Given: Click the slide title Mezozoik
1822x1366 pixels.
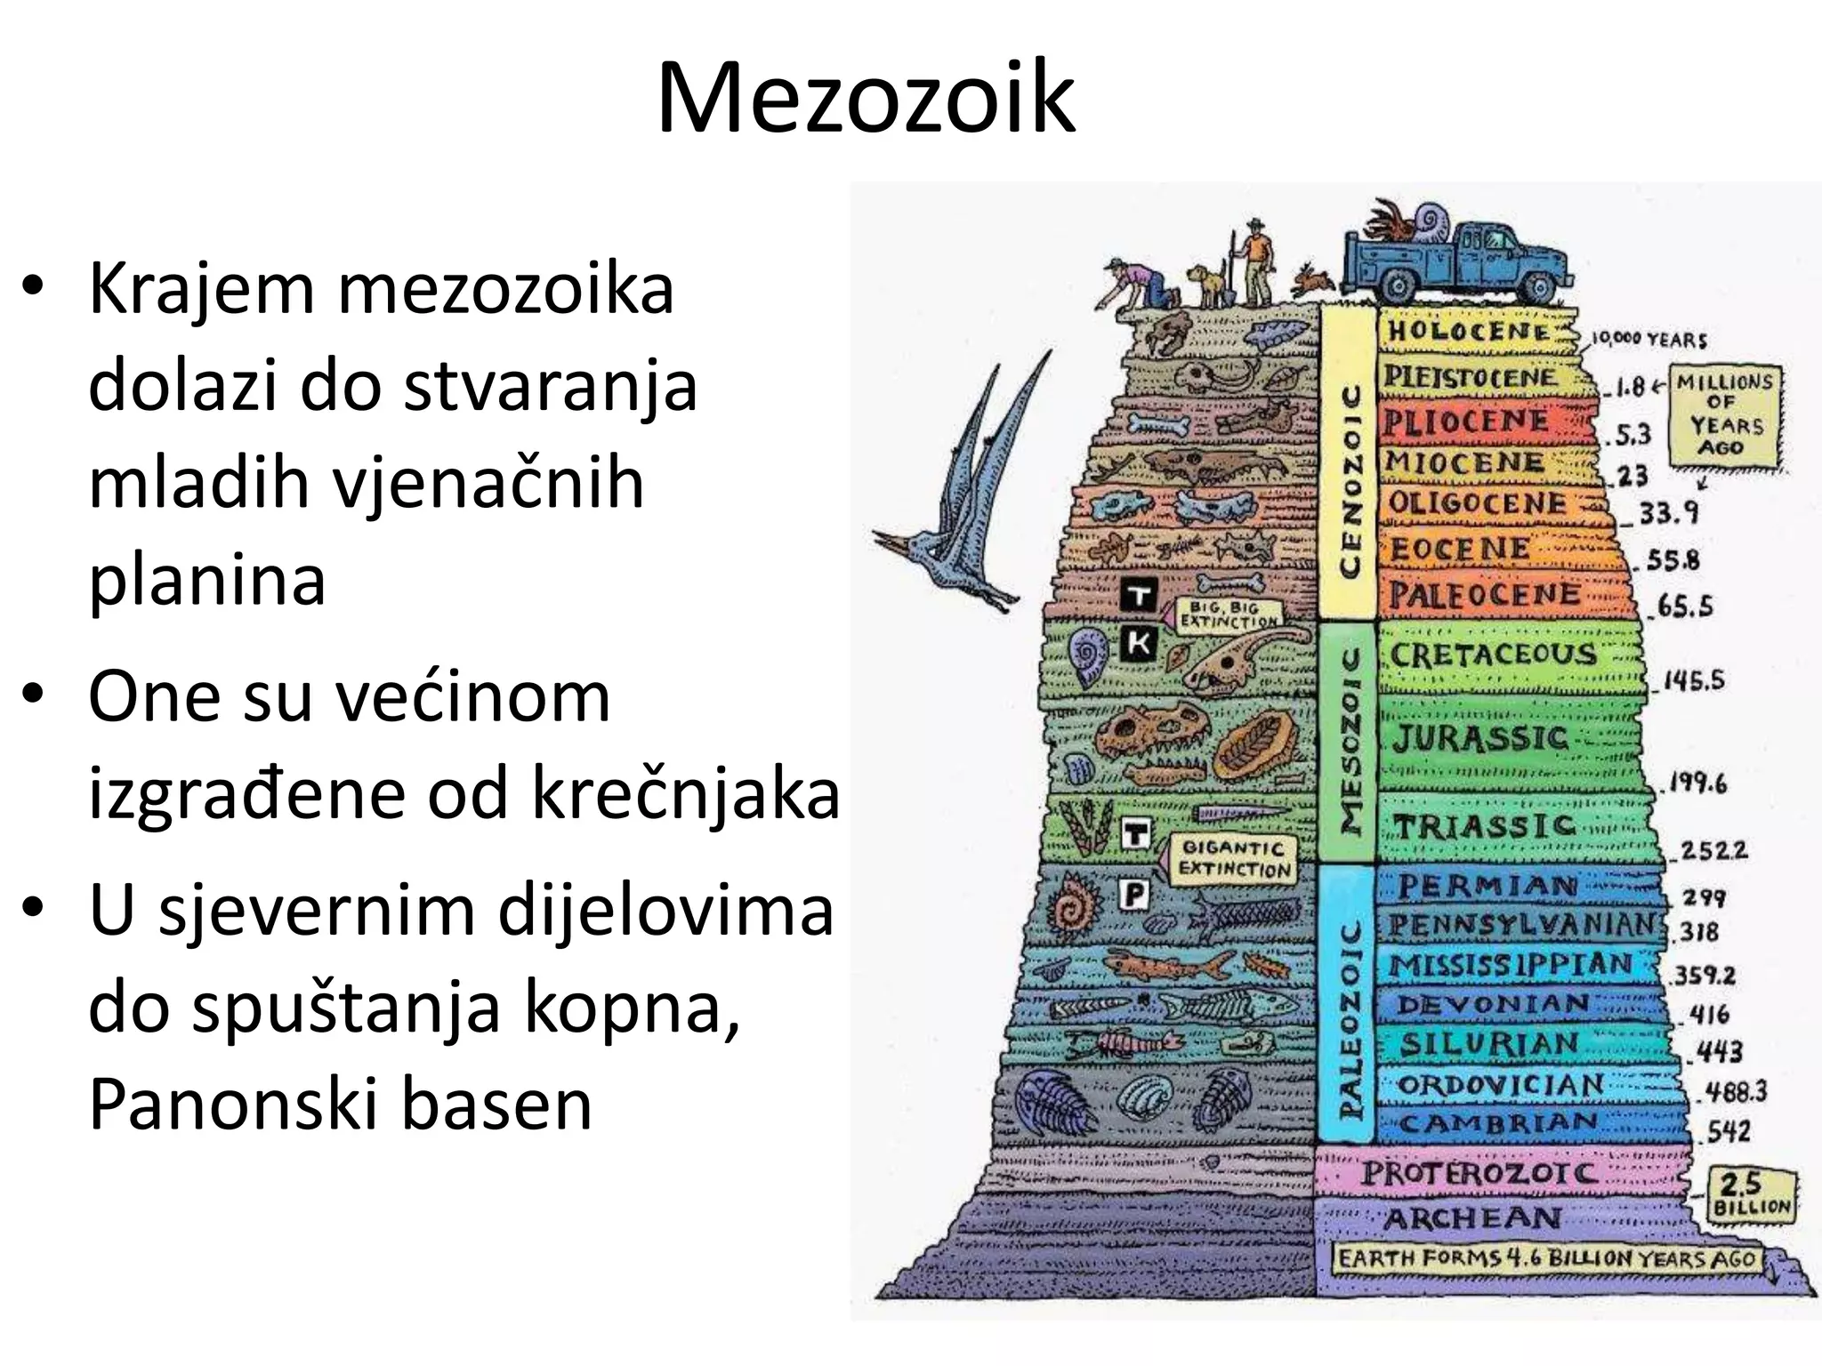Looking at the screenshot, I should click(865, 96).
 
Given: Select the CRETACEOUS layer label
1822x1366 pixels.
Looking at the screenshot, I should click(1495, 655).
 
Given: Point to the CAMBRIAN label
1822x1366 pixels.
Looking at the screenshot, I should click(1498, 1124).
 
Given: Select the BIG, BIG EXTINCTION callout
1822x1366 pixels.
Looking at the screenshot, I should click(1229, 615).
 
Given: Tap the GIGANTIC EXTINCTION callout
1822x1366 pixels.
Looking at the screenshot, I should click(1232, 859).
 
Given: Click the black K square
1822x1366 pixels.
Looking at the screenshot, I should click(1138, 642).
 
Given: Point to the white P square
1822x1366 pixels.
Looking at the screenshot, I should click(1134, 894).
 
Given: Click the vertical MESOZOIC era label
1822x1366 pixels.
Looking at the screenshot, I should click(1349, 741).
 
